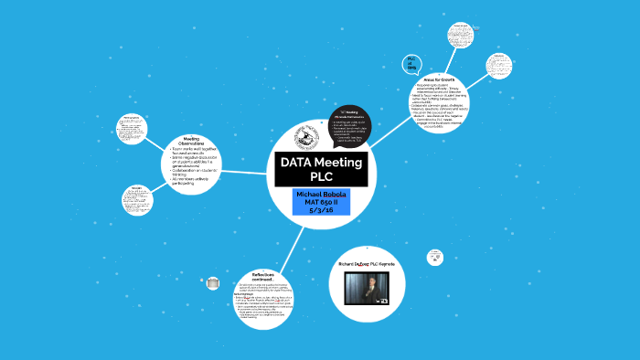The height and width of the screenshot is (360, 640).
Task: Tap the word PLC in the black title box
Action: point(321,176)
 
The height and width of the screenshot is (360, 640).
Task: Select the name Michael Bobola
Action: point(321,196)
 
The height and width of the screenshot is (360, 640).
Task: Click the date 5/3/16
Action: point(321,210)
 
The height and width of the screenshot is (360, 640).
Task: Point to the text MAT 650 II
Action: point(321,203)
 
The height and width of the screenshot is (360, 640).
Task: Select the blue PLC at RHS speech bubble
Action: point(412,63)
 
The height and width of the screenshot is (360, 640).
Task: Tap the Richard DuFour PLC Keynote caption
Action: point(371,263)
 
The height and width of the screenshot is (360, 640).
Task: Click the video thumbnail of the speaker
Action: point(371,286)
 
